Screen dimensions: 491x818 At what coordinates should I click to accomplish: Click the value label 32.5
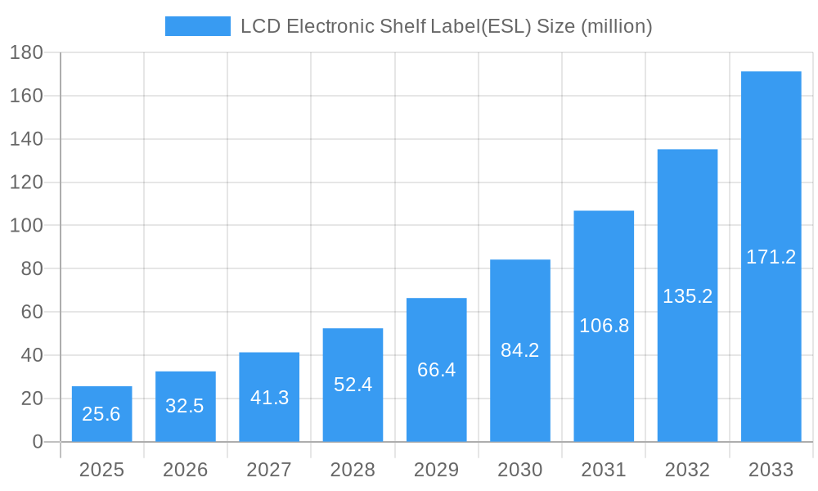point(185,406)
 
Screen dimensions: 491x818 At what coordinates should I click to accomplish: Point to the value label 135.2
point(687,296)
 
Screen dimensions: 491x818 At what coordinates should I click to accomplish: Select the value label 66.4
point(436,370)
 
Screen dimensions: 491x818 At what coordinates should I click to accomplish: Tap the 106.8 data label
point(604,326)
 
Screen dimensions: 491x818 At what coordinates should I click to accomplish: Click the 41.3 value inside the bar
point(269,398)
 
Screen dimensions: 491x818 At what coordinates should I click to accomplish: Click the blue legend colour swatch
point(198,26)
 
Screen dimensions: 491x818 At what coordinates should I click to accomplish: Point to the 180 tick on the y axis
point(26,52)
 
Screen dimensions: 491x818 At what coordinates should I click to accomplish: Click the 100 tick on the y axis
point(26,226)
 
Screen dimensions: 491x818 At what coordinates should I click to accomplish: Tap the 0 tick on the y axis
point(37,442)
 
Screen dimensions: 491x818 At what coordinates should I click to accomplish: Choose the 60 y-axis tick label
point(31,312)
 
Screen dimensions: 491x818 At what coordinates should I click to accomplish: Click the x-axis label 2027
point(269,470)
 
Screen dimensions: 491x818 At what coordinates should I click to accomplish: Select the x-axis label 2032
point(687,470)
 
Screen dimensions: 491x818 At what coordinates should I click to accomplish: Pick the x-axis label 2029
point(436,470)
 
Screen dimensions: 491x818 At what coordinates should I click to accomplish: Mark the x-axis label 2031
point(604,470)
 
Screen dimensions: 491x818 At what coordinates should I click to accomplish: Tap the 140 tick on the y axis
point(26,139)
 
